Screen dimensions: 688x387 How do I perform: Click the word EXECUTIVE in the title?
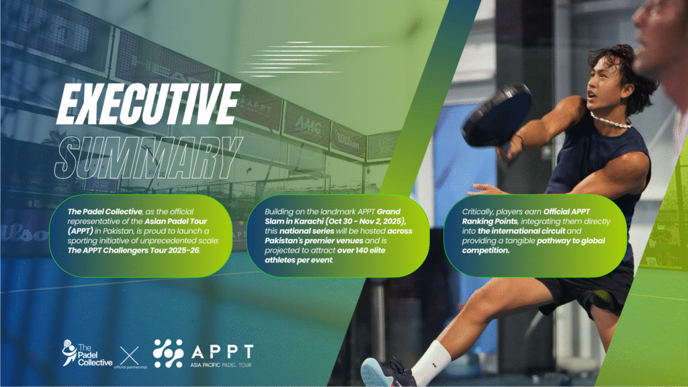(149, 104)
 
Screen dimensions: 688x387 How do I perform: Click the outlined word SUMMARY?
(148, 157)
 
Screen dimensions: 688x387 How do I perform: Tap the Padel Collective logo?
(87, 353)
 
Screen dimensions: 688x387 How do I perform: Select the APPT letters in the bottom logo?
(222, 352)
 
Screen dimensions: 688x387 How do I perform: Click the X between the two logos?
(130, 355)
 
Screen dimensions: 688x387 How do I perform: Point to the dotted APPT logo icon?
(168, 353)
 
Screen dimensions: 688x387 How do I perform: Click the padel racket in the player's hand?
(497, 115)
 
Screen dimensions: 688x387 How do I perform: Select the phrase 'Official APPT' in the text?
(566, 212)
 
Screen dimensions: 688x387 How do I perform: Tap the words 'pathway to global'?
(571, 241)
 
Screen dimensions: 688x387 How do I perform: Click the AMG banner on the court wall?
(307, 126)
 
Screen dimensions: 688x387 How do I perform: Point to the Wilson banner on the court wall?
(348, 141)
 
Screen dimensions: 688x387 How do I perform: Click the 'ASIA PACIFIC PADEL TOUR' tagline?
(221, 365)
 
